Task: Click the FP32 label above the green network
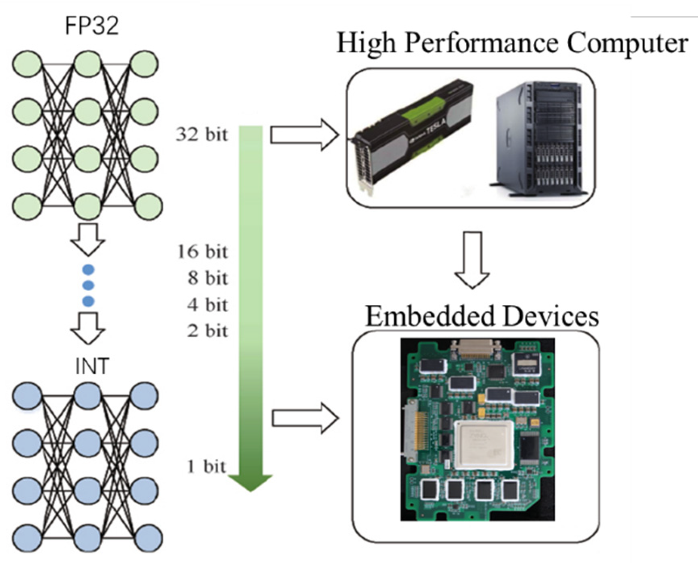(91, 26)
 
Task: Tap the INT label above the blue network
(92, 367)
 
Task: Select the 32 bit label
(202, 135)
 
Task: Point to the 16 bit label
(202, 252)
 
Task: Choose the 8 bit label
(207, 278)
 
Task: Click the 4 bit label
(207, 305)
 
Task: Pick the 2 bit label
(207, 331)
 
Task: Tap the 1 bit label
(206, 467)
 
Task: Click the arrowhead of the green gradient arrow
(250, 482)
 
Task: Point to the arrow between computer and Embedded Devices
(472, 259)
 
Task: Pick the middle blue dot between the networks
(88, 285)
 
